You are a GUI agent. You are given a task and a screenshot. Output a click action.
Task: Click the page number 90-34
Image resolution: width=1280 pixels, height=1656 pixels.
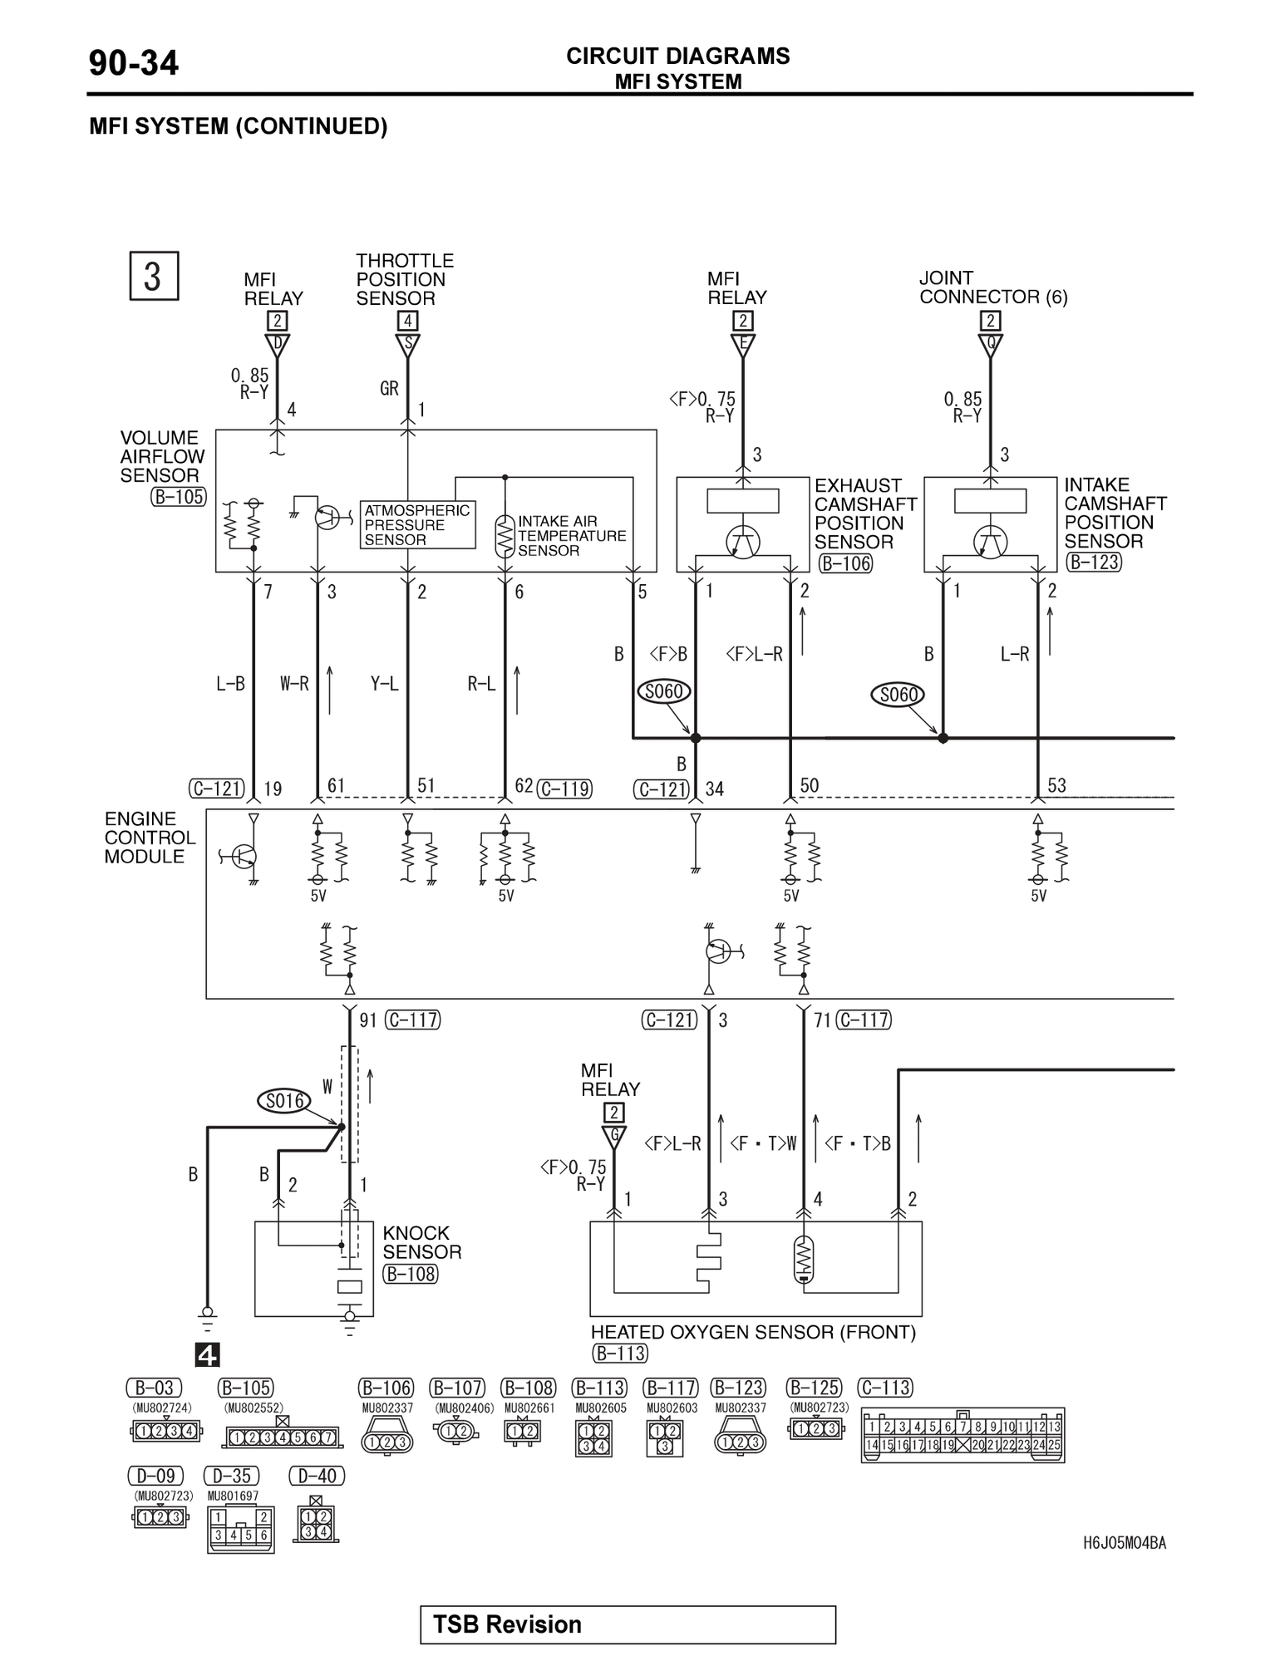(x=133, y=63)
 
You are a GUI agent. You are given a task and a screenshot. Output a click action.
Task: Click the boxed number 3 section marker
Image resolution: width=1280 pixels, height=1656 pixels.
(x=154, y=276)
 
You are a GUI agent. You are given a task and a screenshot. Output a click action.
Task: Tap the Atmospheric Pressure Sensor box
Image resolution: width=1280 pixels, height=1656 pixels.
(x=418, y=524)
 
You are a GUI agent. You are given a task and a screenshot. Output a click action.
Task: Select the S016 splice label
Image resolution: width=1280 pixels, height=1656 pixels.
(x=283, y=1102)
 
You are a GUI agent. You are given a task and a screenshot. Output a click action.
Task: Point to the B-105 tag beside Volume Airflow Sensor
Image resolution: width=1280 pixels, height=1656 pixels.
(x=178, y=497)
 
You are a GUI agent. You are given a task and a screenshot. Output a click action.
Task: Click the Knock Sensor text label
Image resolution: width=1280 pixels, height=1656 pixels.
(x=421, y=1242)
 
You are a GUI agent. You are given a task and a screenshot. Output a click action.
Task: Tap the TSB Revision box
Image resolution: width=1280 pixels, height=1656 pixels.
(x=628, y=1624)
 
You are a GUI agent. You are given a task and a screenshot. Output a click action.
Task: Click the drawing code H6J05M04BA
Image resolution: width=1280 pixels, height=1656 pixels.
(x=1124, y=1543)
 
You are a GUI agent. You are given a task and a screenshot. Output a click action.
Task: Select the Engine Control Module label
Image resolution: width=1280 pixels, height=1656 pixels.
(x=150, y=838)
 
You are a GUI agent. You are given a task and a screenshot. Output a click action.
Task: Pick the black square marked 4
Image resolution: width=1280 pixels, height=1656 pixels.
(x=207, y=1355)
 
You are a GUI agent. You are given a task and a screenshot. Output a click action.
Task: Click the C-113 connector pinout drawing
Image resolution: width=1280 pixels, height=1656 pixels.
(x=962, y=1435)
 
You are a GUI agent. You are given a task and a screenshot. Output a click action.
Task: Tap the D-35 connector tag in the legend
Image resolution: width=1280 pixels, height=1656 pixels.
(x=231, y=1476)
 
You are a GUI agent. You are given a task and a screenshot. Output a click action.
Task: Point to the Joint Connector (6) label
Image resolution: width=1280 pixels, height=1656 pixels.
(x=992, y=287)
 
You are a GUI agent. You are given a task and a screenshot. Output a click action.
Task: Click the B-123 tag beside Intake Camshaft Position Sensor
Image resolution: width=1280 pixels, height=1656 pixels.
(x=1094, y=562)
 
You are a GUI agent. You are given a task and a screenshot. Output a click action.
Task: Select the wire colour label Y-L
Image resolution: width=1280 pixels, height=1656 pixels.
(x=384, y=684)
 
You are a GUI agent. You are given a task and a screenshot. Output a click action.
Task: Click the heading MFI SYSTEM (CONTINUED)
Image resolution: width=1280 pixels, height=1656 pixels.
(x=238, y=126)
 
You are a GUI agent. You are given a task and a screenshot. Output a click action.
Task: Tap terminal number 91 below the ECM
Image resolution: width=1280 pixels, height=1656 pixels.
(x=368, y=1020)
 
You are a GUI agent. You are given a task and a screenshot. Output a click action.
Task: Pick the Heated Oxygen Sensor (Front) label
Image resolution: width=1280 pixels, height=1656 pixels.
(x=753, y=1332)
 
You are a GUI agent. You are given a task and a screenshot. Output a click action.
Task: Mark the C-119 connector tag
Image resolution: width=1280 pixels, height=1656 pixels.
(x=564, y=789)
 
